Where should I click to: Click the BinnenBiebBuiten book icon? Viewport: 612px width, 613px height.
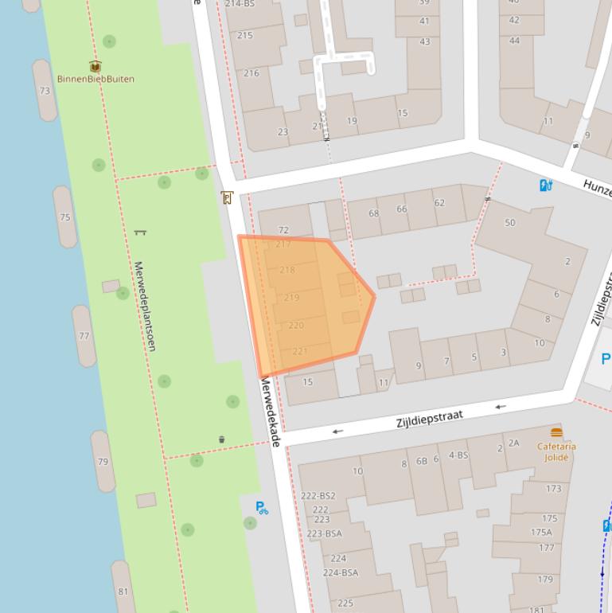[96, 67]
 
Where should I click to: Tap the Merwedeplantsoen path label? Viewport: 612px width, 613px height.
[145, 306]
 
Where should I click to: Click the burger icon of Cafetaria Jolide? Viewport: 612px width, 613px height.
[556, 432]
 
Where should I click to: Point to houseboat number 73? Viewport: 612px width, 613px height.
[45, 91]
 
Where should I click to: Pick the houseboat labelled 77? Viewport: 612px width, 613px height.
[84, 336]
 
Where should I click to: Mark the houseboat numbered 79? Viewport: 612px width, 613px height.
[103, 462]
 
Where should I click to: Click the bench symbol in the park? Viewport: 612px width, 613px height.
[140, 232]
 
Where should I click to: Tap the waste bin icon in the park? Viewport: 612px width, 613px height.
[221, 439]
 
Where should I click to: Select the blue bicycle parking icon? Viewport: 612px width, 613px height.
[262, 507]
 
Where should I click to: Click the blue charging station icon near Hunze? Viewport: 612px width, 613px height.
[546, 185]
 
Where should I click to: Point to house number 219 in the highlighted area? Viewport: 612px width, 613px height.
[291, 298]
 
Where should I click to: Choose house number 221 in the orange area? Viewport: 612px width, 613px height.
[300, 351]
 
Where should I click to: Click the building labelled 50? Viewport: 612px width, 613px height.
[510, 223]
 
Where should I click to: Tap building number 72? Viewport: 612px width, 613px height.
[283, 230]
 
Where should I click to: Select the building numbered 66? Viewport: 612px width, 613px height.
[402, 209]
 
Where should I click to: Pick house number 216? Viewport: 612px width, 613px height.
[251, 73]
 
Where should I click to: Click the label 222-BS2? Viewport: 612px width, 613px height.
[318, 495]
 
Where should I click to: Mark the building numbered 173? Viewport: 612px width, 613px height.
[553, 489]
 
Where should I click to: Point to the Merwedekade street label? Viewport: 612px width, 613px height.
[270, 412]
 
